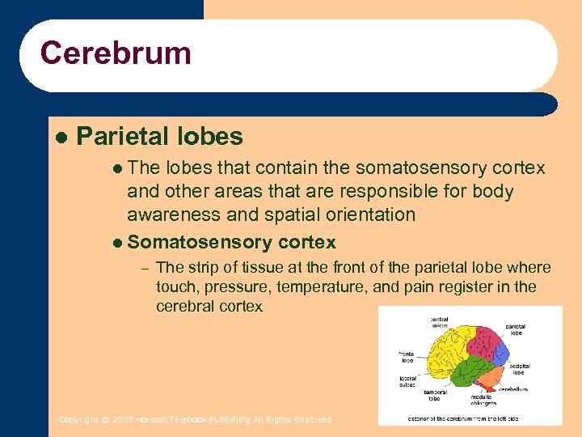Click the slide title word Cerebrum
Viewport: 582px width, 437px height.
click(x=116, y=53)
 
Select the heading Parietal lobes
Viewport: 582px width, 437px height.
click(x=159, y=136)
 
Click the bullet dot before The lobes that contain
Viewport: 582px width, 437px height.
click(x=118, y=168)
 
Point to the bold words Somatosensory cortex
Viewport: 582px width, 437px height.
click(x=232, y=242)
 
